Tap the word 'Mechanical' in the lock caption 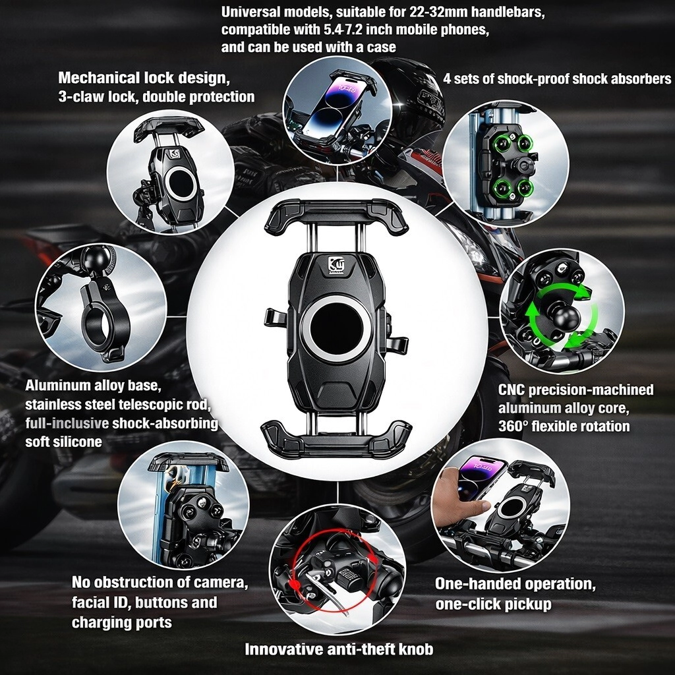(x=98, y=78)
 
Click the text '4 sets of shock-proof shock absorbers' (x=557, y=79)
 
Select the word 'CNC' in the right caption (x=512, y=390)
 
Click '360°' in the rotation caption (x=513, y=426)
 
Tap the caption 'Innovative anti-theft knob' (x=339, y=649)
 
